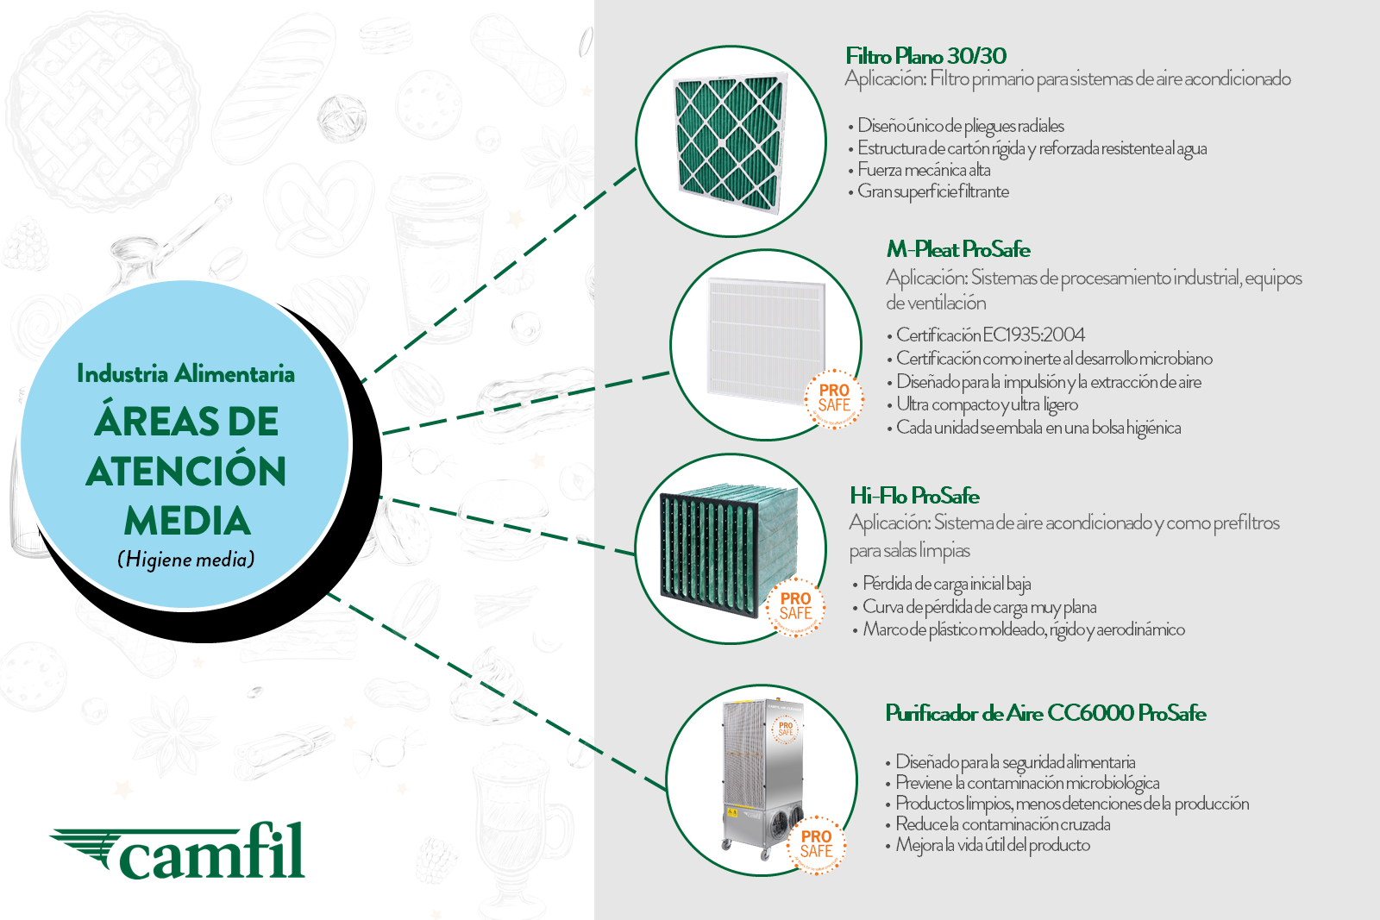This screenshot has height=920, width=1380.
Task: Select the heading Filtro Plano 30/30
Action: [x=925, y=56]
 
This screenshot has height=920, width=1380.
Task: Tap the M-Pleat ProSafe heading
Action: [x=958, y=250]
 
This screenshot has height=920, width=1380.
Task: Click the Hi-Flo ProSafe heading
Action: [x=914, y=496]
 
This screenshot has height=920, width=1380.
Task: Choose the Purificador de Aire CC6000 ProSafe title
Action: [x=1045, y=713]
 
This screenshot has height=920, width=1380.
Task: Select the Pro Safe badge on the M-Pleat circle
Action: [x=834, y=399]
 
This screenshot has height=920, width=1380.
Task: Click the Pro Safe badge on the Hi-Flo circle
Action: [x=795, y=606]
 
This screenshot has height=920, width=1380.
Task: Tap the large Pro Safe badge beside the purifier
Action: [x=816, y=844]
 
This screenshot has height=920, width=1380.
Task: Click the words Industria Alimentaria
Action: [x=185, y=374]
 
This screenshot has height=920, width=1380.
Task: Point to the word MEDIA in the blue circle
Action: [x=187, y=522]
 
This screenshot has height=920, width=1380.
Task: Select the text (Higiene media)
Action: [x=186, y=560]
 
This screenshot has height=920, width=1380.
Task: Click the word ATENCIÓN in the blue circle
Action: [x=186, y=472]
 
